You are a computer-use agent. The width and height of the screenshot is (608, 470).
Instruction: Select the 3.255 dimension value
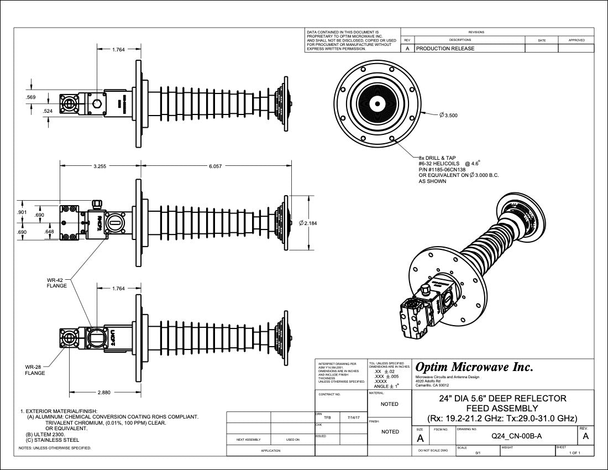click(100, 166)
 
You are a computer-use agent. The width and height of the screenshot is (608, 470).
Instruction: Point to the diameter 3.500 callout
click(448, 116)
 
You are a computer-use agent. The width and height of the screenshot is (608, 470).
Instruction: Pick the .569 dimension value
click(31, 97)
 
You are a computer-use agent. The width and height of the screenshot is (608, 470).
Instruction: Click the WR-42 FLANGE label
click(57, 283)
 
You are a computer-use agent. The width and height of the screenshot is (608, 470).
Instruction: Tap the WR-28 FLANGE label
click(34, 369)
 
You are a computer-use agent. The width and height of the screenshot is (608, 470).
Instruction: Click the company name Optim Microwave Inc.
click(474, 367)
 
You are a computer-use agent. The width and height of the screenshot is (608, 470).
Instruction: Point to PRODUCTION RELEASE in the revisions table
click(445, 49)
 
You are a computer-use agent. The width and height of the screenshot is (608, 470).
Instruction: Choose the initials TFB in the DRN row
click(327, 417)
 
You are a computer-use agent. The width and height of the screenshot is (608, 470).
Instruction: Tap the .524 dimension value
click(48, 111)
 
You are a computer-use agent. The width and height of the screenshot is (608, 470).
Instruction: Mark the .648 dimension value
click(50, 232)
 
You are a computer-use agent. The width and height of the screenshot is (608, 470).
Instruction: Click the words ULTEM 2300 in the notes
click(50, 435)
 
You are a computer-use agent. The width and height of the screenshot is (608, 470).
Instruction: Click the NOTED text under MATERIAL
click(390, 404)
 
